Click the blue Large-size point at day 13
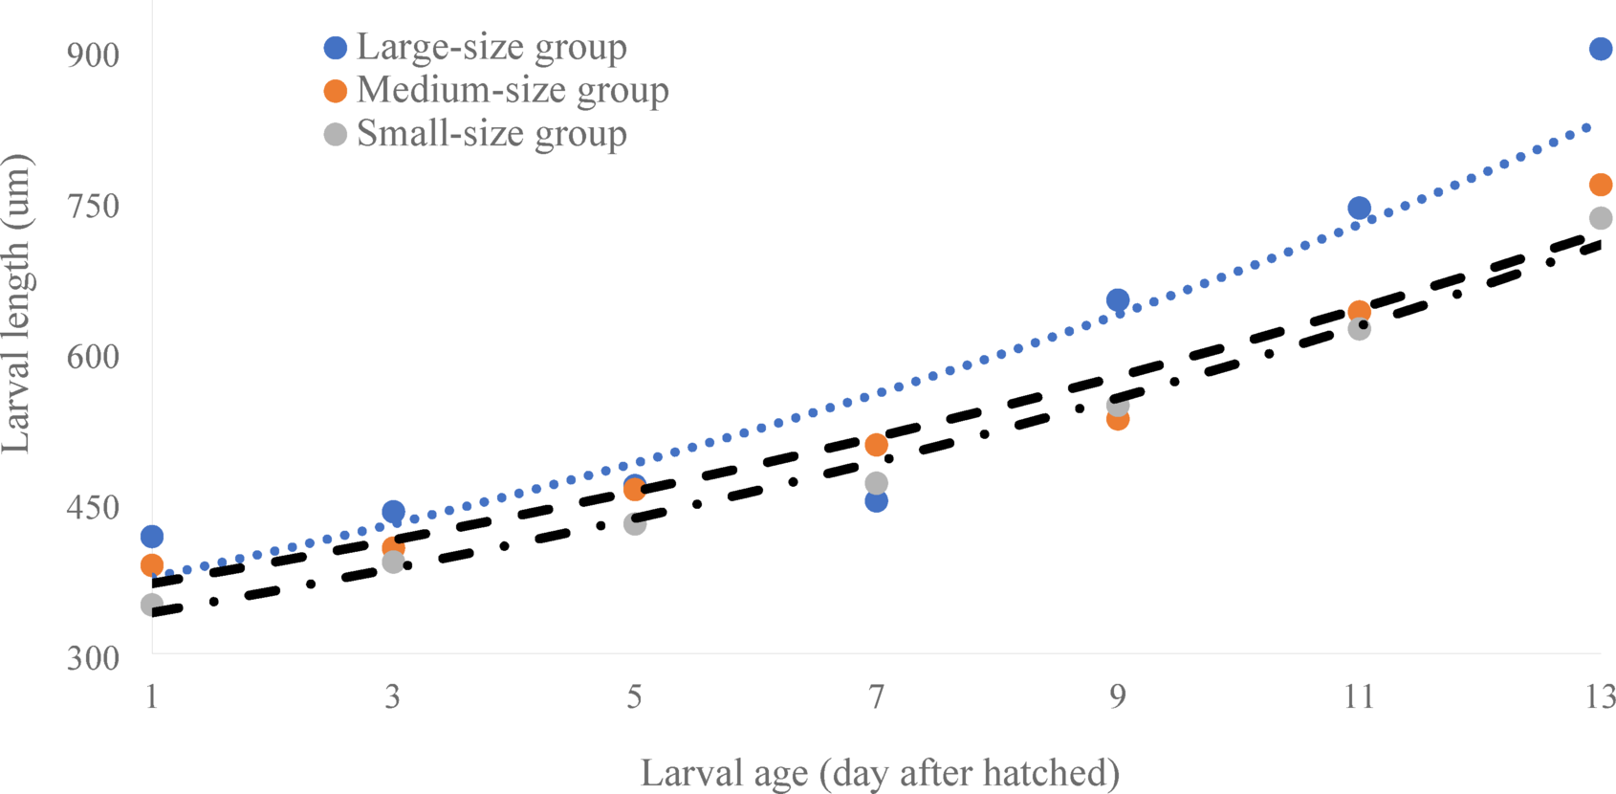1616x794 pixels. (1600, 49)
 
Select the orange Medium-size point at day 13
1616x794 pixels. (1600, 185)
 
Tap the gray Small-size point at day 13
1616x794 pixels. (1600, 218)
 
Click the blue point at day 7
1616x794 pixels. (876, 500)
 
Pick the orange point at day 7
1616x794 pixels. (876, 445)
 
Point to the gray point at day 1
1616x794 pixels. (152, 605)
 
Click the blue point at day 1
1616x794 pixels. (152, 537)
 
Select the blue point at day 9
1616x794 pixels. (1117, 300)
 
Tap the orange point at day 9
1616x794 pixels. (1117, 418)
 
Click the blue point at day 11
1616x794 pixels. (1359, 209)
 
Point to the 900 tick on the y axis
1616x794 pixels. (94, 55)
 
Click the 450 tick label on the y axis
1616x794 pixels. (94, 508)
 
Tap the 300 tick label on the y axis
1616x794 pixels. (94, 659)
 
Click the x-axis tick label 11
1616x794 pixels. (1359, 697)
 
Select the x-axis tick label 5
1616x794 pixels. (634, 697)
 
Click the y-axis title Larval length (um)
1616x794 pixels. (17, 304)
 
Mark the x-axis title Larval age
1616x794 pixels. (880, 772)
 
